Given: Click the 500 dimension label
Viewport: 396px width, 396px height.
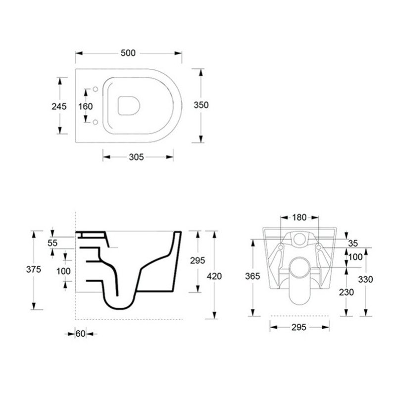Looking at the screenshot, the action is point(128,53).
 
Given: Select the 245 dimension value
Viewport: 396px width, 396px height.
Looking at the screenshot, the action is point(59,106).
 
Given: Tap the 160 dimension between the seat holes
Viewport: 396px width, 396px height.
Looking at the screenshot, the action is point(85,106).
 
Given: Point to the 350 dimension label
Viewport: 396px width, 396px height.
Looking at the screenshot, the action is point(201,105).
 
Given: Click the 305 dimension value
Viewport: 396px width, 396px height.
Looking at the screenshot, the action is point(137,157).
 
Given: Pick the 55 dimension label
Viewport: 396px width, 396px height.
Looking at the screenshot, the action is point(52,243).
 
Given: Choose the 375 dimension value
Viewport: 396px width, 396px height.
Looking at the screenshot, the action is point(34,269).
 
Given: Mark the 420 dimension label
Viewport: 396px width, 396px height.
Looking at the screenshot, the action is point(214,276).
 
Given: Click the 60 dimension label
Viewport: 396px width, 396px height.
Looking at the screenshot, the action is point(80,334).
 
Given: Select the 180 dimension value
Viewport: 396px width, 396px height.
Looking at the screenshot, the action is point(299,217).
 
